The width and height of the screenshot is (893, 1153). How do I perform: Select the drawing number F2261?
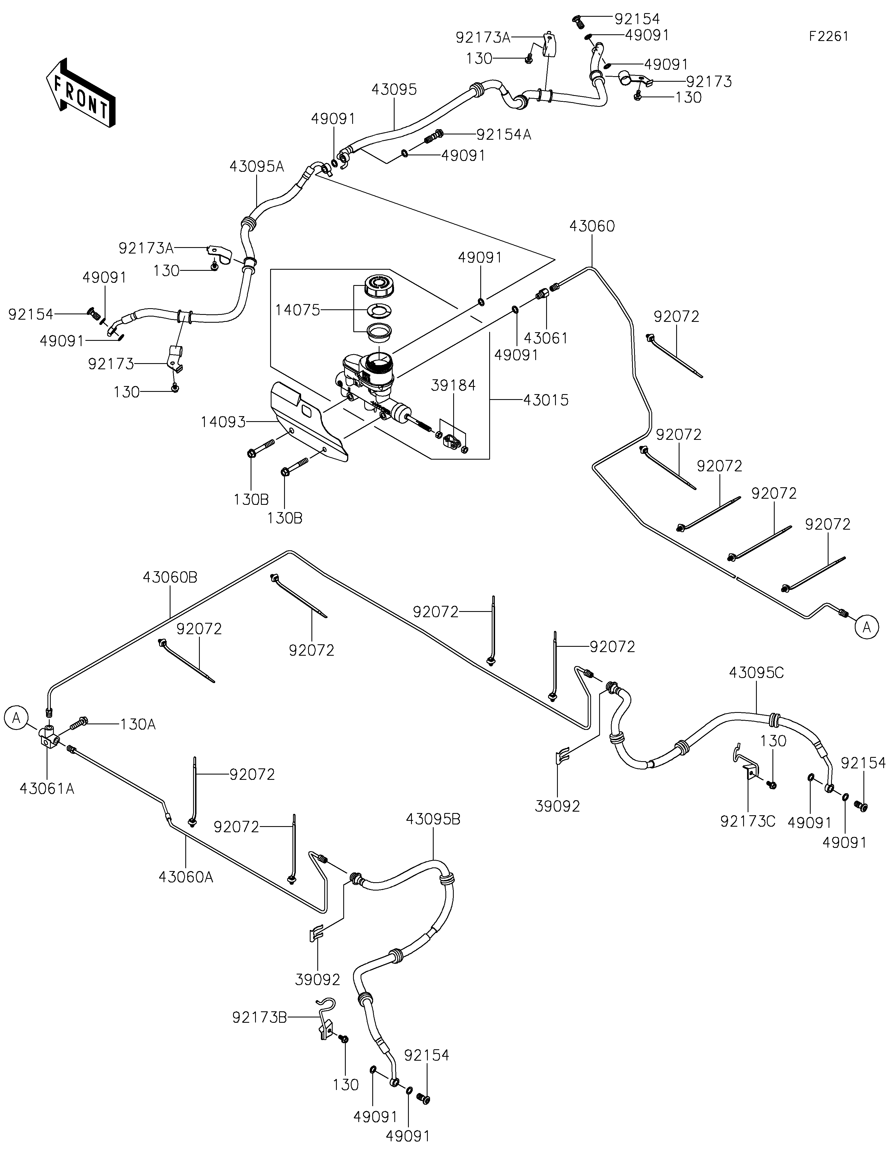tap(829, 37)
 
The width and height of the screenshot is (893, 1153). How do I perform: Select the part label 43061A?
tap(47, 789)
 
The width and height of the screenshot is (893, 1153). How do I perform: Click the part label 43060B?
tap(170, 578)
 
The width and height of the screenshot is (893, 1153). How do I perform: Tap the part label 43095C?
tap(756, 673)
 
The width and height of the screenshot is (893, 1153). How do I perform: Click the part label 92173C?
tap(748, 821)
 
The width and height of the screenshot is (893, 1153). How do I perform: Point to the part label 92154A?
tap(504, 135)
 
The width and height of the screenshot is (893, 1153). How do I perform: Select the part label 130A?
tap(138, 724)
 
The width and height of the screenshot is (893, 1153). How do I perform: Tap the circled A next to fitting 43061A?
tap(16, 718)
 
